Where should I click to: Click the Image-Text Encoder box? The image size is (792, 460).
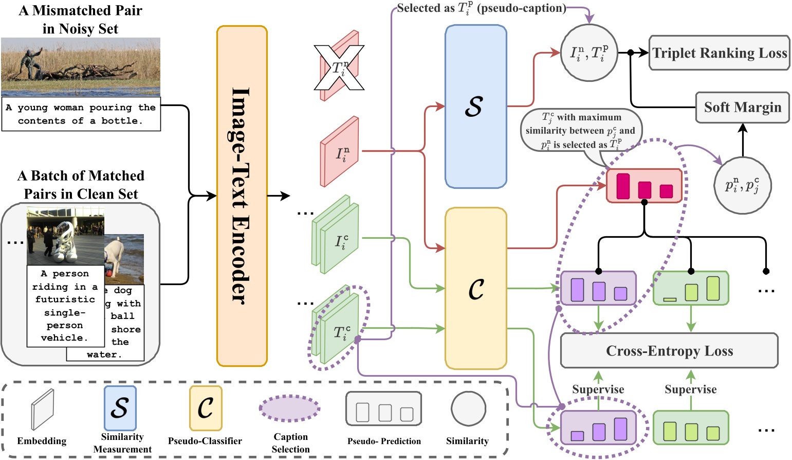pyautogui.click(x=242, y=196)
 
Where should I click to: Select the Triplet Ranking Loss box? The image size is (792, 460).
pyautogui.click(x=719, y=53)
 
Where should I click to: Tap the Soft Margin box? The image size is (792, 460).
pyautogui.click(x=742, y=108)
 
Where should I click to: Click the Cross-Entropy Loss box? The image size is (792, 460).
pyautogui.click(x=669, y=351)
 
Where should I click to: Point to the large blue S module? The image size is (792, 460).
pyautogui.click(x=475, y=107)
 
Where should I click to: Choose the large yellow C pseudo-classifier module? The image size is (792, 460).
pyautogui.click(x=475, y=289)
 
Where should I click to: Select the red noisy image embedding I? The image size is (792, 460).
pyautogui.click(x=339, y=152)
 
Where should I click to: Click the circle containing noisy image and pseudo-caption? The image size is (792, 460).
pyautogui.click(x=588, y=52)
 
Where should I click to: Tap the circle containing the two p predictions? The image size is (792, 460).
pyautogui.click(x=742, y=185)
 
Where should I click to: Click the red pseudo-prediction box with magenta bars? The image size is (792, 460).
pyautogui.click(x=644, y=186)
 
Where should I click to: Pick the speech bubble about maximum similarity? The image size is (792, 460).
pyautogui.click(x=581, y=131)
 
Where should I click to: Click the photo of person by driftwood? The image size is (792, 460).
pyautogui.click(x=80, y=66)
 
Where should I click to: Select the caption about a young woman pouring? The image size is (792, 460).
pyautogui.click(x=81, y=114)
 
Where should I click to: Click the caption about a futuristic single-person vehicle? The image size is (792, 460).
pyautogui.click(x=65, y=306)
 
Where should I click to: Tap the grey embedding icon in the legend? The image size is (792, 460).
pyautogui.click(x=42, y=409)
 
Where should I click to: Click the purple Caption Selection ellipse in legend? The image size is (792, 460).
pyautogui.click(x=290, y=409)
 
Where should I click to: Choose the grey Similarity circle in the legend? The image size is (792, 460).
pyautogui.click(x=468, y=409)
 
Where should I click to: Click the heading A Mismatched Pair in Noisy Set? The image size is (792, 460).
pyautogui.click(x=80, y=20)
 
